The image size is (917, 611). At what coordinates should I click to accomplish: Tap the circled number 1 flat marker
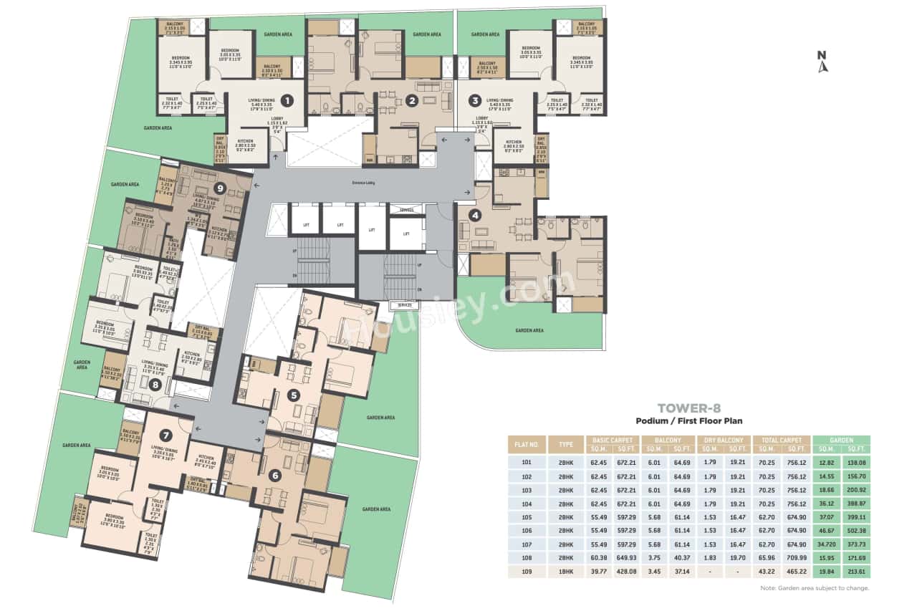286,100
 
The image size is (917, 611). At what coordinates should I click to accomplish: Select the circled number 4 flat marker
474,213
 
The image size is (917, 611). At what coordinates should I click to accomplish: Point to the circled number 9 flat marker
221,188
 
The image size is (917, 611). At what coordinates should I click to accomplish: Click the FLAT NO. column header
526,444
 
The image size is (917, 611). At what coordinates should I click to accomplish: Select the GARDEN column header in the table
841,440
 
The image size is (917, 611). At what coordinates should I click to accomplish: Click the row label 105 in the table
526,516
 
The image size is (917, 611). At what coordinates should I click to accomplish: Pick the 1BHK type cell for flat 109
566,572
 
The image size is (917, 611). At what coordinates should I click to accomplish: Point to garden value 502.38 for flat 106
855,531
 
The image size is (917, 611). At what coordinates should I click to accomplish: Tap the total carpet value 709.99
794,558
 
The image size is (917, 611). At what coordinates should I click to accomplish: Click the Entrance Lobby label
364,183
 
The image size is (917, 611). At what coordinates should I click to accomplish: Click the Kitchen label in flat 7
205,459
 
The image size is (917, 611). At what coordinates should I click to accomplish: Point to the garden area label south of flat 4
529,330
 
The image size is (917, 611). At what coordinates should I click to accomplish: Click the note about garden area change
815,588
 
